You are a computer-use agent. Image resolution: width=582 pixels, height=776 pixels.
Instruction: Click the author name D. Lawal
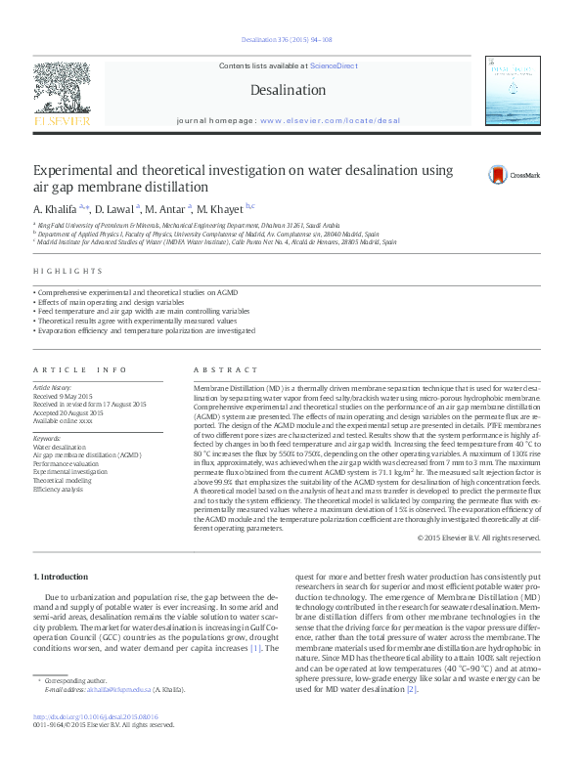116,209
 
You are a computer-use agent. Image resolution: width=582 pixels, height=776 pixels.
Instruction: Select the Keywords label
47,439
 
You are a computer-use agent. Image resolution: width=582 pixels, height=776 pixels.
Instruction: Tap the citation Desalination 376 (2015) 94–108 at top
291,40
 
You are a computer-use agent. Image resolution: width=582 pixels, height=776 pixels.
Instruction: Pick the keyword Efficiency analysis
59,489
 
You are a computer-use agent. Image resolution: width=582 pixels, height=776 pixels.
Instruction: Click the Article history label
53,387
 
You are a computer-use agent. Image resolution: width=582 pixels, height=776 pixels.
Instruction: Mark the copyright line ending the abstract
478,538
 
